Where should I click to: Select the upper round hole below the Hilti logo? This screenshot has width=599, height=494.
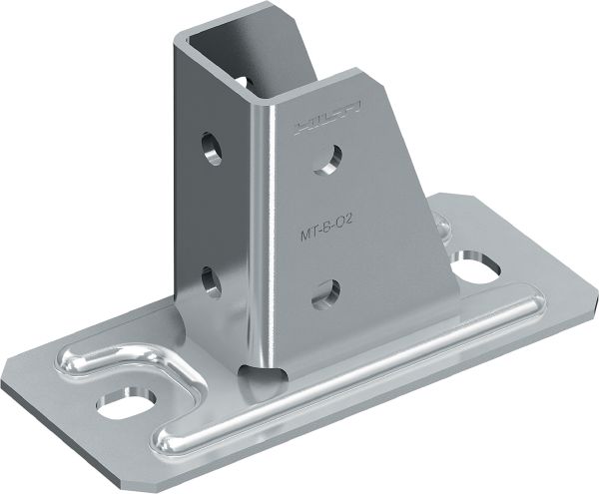point(332,156)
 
